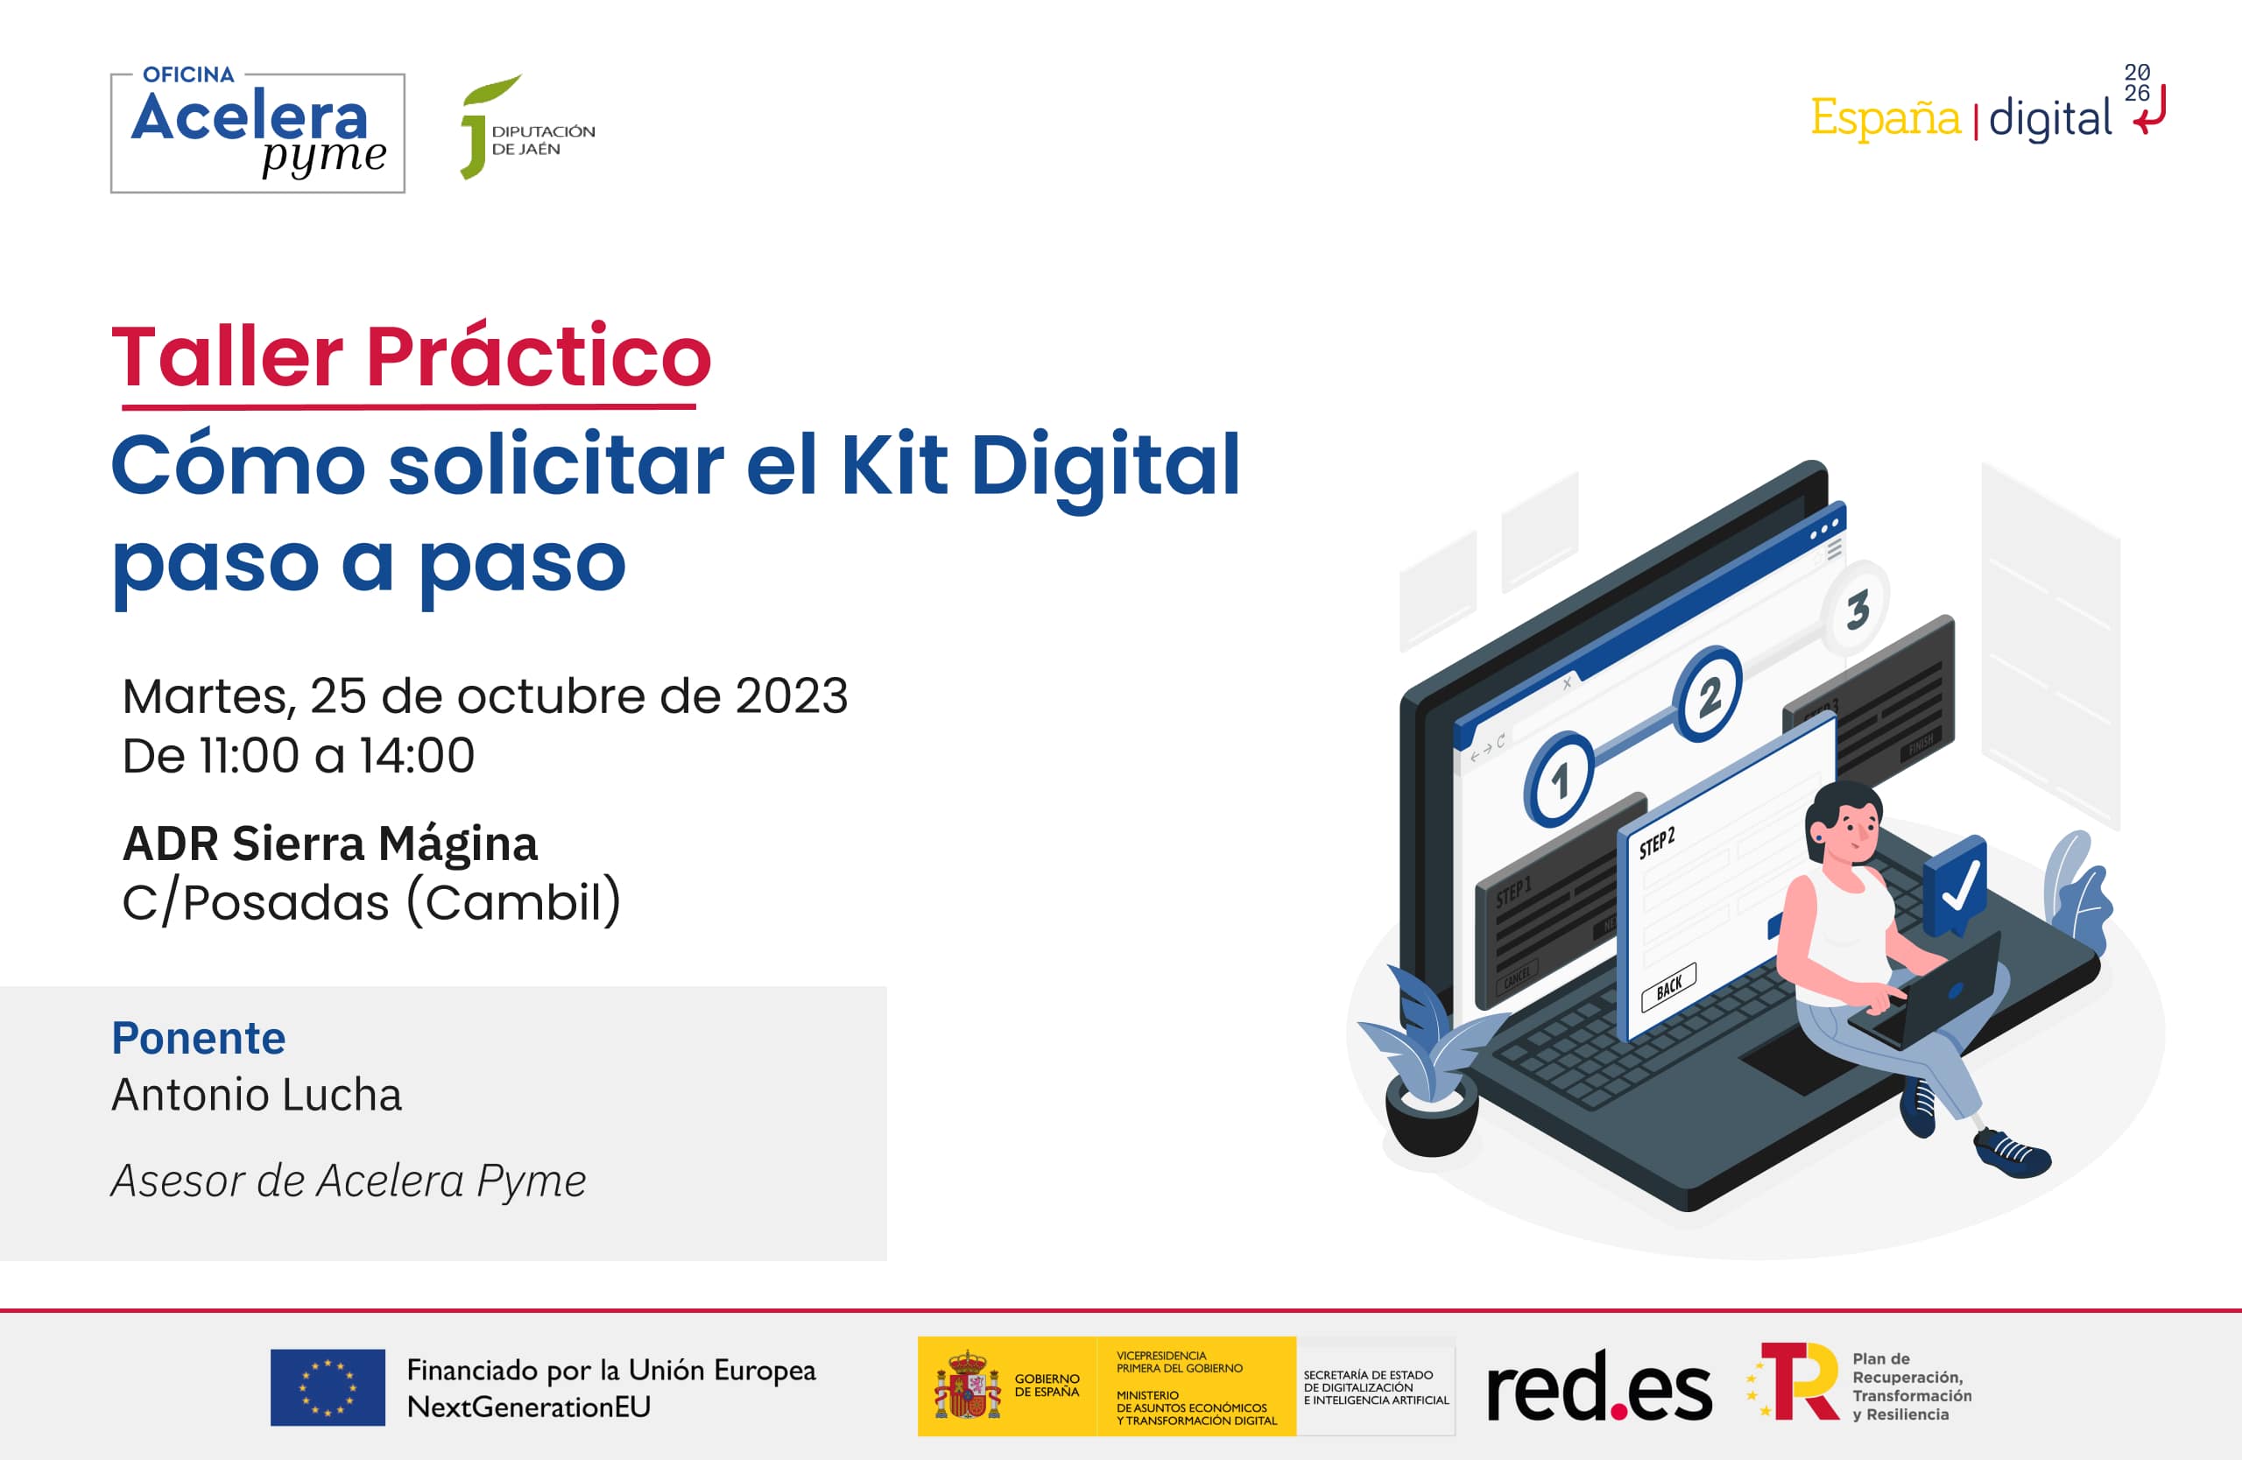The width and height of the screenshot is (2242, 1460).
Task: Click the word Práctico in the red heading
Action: click(x=538, y=357)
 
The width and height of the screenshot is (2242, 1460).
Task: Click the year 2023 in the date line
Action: click(x=792, y=697)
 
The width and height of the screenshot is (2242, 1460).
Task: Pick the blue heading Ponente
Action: click(x=198, y=1038)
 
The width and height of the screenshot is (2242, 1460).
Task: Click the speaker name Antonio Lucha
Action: click(x=257, y=1095)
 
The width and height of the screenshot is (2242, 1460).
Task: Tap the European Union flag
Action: click(x=327, y=1387)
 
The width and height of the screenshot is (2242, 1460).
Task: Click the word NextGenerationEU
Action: click(x=528, y=1407)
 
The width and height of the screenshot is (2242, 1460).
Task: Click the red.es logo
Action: click(x=1597, y=1387)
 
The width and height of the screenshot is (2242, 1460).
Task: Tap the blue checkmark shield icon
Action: click(x=1956, y=885)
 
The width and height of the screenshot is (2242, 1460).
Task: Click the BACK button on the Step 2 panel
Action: click(x=1668, y=987)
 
